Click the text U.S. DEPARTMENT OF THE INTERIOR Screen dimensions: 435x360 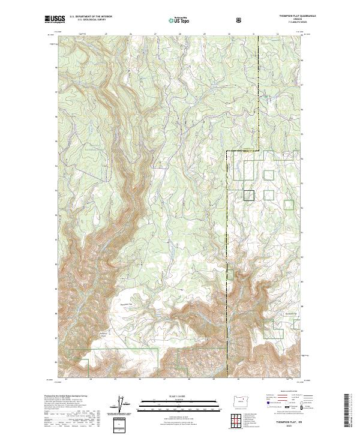pos(90,17)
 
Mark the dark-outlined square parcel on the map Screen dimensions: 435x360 pos(249,194)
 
